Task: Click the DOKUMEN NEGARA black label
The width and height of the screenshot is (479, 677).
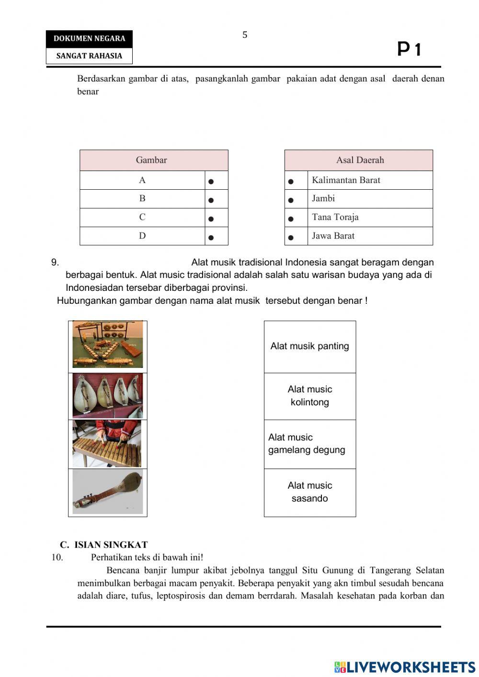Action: (x=89, y=39)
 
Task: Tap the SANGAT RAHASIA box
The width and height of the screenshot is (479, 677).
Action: (x=89, y=56)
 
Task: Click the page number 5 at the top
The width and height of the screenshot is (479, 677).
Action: (x=245, y=35)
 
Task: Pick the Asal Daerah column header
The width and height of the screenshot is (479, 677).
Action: (x=359, y=160)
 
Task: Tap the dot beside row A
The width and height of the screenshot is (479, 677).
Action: (x=211, y=182)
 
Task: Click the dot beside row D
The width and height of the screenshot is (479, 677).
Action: (x=211, y=237)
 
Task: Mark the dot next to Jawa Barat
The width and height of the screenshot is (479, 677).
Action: (x=291, y=237)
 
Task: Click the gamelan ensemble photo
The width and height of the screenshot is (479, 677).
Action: (x=108, y=344)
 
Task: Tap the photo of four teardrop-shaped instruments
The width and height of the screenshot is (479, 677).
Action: (x=108, y=396)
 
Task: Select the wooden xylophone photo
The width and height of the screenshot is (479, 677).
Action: (x=107, y=444)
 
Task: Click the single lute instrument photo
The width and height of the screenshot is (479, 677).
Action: (x=108, y=492)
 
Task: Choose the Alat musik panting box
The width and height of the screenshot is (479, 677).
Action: (x=310, y=346)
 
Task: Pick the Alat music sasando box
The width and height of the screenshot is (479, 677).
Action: (x=310, y=492)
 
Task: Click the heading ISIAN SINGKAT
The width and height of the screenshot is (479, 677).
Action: (x=104, y=545)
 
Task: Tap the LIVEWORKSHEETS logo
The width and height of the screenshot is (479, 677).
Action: (x=405, y=667)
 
